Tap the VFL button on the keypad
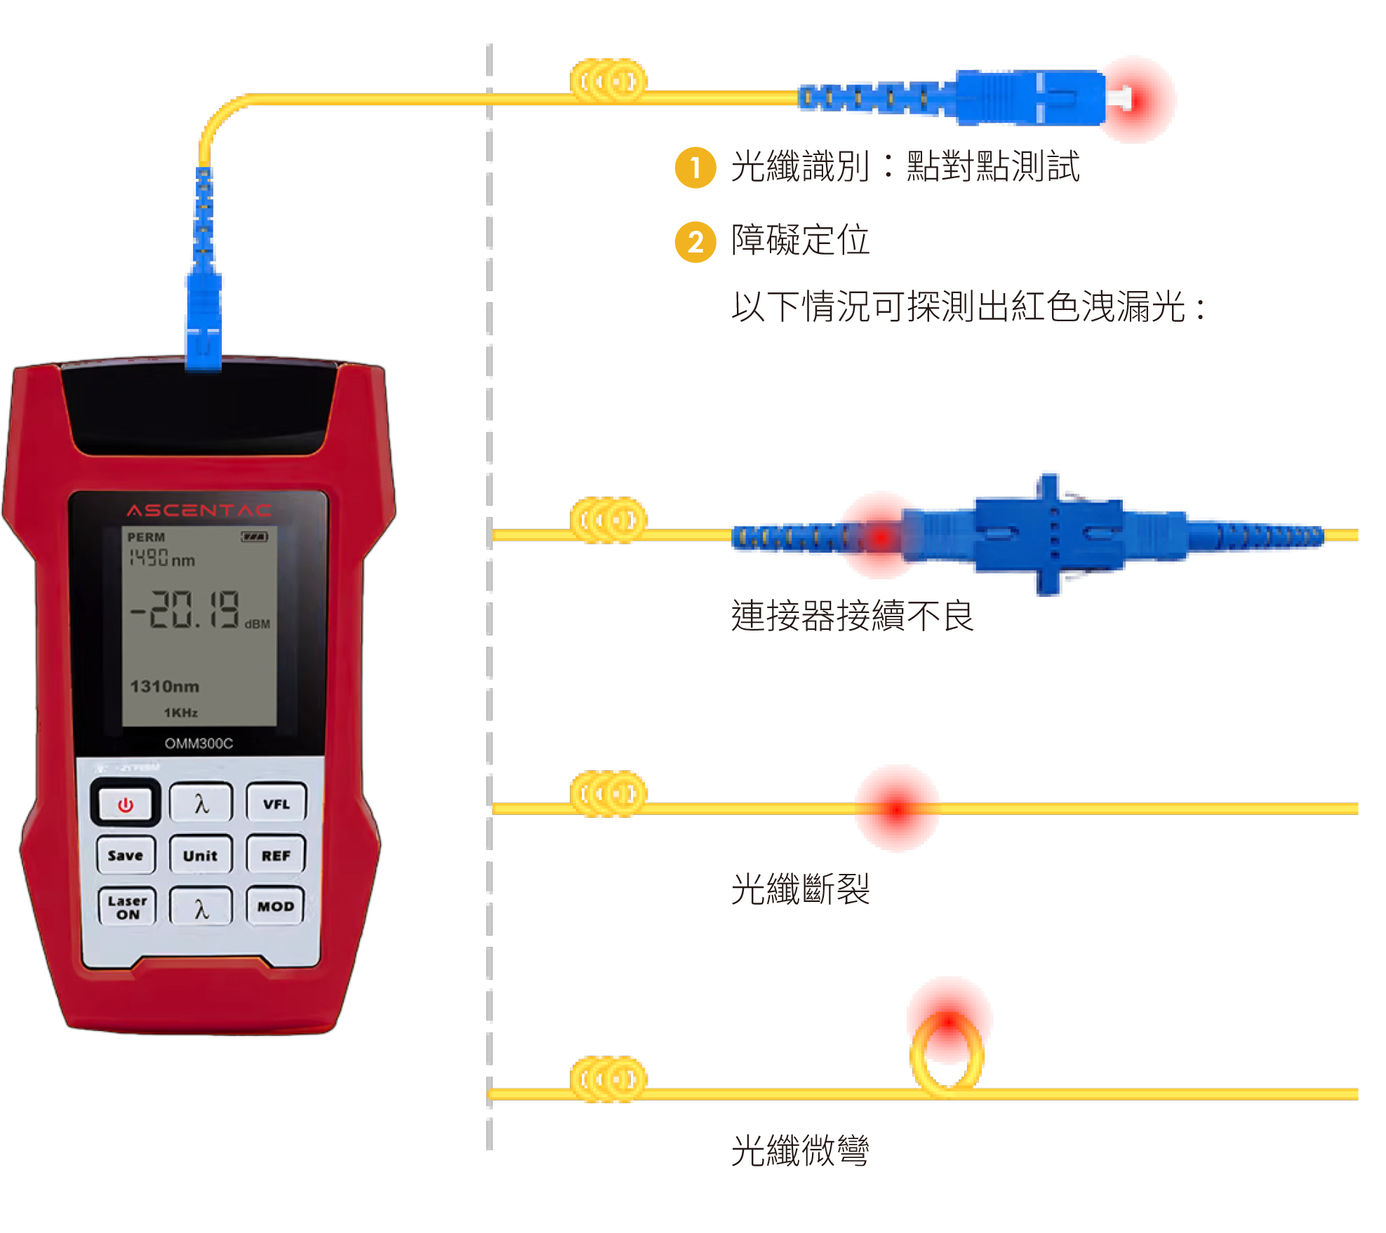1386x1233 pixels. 276,804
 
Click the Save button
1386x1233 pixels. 126,855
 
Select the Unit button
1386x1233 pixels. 201,855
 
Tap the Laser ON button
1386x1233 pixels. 127,907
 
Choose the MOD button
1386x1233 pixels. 275,906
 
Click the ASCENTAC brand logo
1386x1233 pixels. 199,510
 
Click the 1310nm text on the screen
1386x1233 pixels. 164,686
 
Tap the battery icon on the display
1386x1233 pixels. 254,537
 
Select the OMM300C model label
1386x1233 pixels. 199,743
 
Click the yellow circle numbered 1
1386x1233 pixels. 695,168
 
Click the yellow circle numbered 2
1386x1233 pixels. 695,242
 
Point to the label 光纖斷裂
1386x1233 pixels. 800,889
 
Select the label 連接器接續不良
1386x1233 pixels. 852,616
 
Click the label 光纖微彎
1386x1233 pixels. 800,1150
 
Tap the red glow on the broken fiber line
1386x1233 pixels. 897,809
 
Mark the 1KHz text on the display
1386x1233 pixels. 181,713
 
